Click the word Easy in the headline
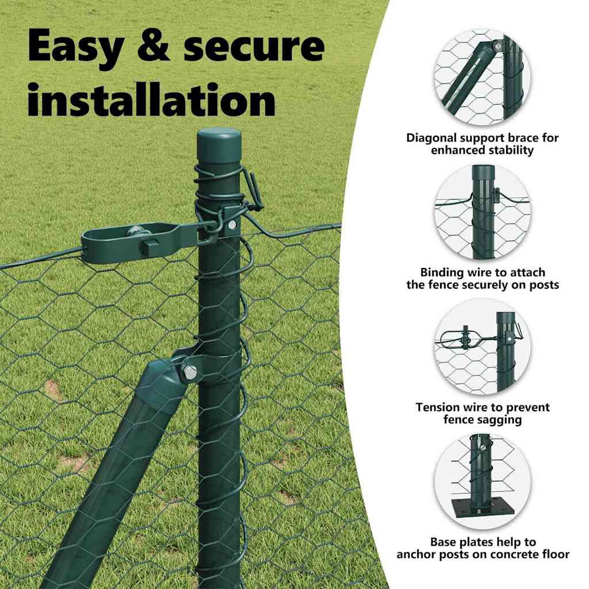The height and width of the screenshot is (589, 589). tap(75, 47)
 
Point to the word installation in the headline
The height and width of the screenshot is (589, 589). tap(152, 99)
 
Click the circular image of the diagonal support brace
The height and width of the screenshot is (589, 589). tap(483, 78)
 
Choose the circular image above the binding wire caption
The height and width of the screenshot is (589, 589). tap(483, 212)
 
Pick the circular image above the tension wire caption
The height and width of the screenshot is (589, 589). tap(483, 347)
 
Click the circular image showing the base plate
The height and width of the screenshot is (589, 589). tap(483, 481)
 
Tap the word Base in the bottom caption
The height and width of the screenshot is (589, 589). tap(443, 542)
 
